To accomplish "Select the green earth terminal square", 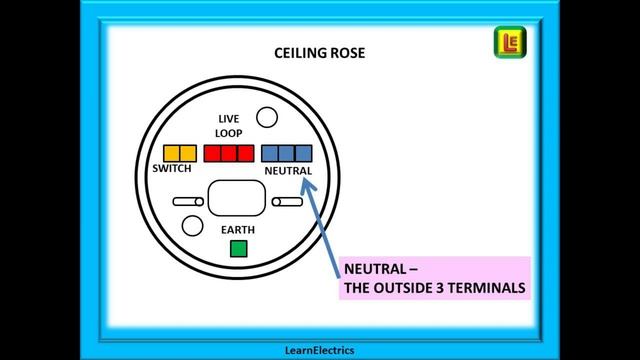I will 238,249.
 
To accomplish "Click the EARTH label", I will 238,230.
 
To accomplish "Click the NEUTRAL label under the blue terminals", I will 288,171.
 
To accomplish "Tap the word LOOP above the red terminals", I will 229,133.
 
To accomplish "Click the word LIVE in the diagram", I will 229,119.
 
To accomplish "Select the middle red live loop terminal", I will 229,153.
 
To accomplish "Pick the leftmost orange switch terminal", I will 171,153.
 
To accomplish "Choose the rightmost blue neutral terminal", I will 304,153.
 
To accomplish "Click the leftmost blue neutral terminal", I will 270,153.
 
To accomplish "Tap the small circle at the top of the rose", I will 268,119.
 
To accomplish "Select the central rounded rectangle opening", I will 237,196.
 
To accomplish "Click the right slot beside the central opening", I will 287,203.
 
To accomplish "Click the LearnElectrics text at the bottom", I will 319,350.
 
